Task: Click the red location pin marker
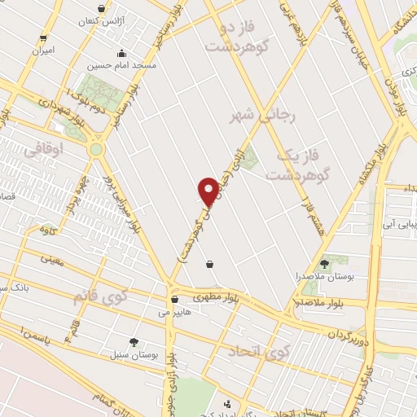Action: [208, 191]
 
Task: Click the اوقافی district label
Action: [42, 150]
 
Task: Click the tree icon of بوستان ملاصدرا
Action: [324, 263]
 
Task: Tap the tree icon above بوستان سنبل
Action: [134, 342]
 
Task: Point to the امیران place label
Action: [42, 50]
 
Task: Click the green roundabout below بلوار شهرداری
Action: [97, 150]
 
